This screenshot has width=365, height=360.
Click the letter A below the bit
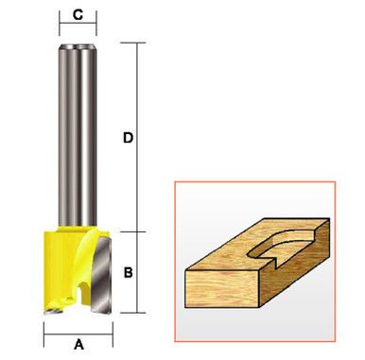point(78,344)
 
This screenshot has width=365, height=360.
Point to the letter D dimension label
point(128,138)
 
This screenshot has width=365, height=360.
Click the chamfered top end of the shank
point(78,46)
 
